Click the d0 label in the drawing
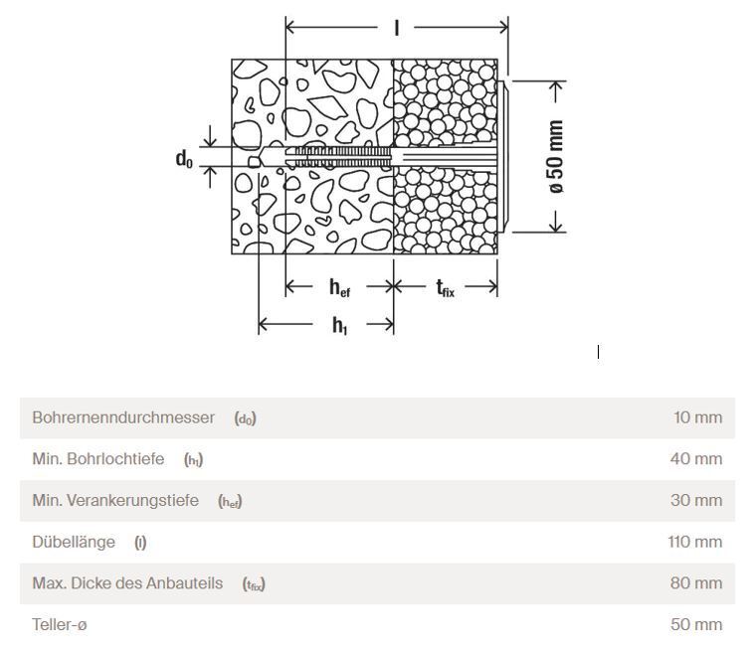pos(184,159)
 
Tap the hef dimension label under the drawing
pos(339,287)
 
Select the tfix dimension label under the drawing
pos(446,288)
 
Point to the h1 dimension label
pos(339,325)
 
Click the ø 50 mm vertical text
pos(556,157)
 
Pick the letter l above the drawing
pos(397,28)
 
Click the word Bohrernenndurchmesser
pos(123,417)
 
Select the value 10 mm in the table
pos(697,417)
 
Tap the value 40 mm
pos(696,458)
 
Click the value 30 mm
pos(696,500)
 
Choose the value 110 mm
pos(695,542)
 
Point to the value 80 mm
pos(696,582)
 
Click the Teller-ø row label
pos(60,624)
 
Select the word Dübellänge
pos(74,542)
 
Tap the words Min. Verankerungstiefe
pos(115,500)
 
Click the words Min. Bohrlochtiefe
pos(97,458)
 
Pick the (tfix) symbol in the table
pos(254,584)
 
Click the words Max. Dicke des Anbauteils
pos(127,582)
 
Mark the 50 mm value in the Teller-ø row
pos(696,624)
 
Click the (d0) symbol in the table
pos(245,418)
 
